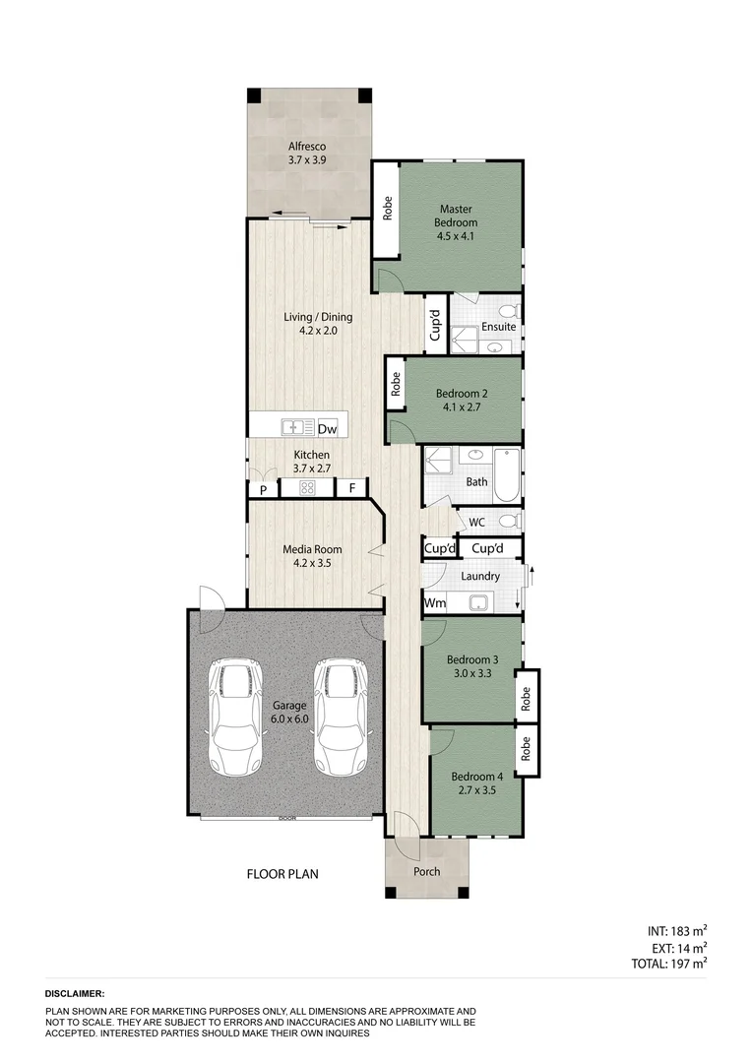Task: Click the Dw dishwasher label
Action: pyautogui.click(x=328, y=428)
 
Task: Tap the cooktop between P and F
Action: pyautogui.click(x=307, y=487)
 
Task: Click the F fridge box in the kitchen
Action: pyautogui.click(x=351, y=487)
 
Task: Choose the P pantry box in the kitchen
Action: pyautogui.click(x=263, y=488)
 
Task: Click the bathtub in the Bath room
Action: pyautogui.click(x=506, y=473)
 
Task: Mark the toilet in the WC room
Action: pyautogui.click(x=507, y=521)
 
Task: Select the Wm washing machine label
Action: pyautogui.click(x=433, y=602)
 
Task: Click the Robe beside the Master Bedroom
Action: pyautogui.click(x=388, y=209)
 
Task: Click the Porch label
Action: pyautogui.click(x=426, y=872)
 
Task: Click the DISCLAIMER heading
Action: pyautogui.click(x=75, y=995)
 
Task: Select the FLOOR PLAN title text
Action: pyautogui.click(x=282, y=873)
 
